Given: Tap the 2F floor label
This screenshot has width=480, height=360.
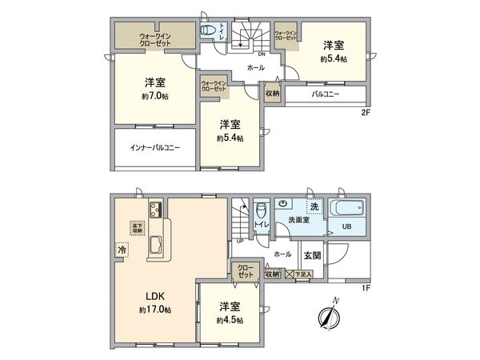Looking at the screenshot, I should pos(366,113).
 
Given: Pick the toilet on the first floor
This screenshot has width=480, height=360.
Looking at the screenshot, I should pos(260,212).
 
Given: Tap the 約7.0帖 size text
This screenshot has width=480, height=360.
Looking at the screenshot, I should pos(154,95).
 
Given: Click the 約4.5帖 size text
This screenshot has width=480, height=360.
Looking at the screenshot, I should pos(230,320).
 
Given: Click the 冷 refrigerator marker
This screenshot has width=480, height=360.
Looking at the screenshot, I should pos(122,249).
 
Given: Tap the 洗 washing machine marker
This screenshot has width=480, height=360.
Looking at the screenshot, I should pos(314,207).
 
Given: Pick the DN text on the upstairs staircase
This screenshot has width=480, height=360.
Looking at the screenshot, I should pos(238,54).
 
